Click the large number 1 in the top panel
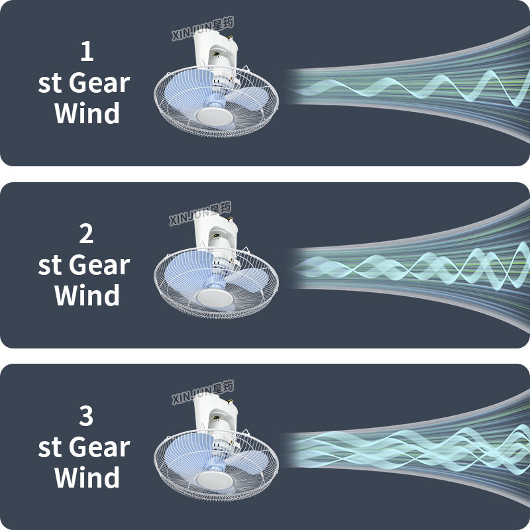87,51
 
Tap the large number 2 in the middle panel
86,234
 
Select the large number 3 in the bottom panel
86,416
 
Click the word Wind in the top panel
87,113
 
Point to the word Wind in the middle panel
87,295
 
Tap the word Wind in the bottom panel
87,477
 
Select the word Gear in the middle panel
99,265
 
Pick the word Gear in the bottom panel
99,447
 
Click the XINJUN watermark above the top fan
203,29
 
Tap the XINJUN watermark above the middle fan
200,213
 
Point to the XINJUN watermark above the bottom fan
203,392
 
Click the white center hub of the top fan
214,117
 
